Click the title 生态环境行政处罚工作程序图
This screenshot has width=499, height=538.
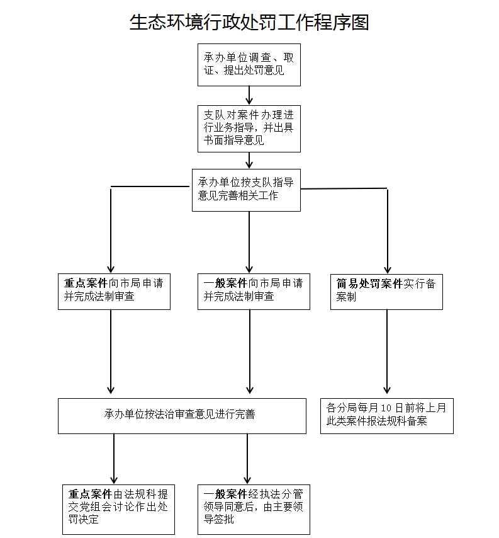pos(249,23)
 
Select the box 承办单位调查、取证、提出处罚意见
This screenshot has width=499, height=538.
pos(249,64)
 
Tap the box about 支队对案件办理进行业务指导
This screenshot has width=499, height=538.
pos(249,129)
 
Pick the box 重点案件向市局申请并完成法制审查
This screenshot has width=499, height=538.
pos(114,290)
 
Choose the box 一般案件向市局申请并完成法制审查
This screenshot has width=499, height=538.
pos(254,290)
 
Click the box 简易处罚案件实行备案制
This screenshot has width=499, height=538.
pos(386,290)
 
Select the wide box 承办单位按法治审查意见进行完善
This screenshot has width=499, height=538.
pos(182,415)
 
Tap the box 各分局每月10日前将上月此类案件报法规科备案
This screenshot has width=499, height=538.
pos(386,415)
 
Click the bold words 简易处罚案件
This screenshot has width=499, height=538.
pos(369,284)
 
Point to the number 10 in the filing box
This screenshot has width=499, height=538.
pos(379,408)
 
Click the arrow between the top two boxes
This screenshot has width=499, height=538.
pos(249,95)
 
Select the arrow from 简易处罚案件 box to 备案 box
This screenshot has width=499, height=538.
pos(386,353)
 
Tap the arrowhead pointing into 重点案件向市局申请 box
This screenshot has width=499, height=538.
pos(111,267)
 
